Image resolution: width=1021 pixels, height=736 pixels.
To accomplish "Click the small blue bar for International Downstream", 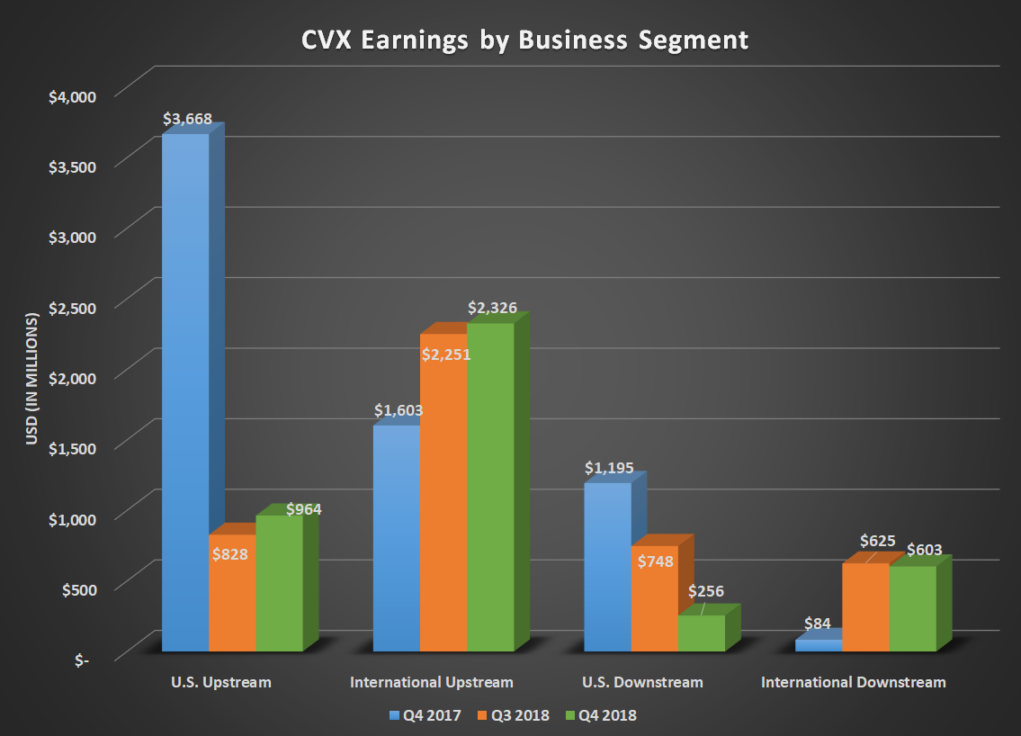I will point(818,645).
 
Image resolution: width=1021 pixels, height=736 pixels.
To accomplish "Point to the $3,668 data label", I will point(186,119).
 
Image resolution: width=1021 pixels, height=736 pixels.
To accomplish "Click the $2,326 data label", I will point(492,308).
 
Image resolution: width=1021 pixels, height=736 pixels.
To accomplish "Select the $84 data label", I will point(817,622).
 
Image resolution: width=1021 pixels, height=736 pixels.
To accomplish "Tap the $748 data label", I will point(653,561).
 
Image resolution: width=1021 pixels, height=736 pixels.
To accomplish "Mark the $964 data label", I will point(303,509).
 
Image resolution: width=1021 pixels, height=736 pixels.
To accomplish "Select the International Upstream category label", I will point(432,682).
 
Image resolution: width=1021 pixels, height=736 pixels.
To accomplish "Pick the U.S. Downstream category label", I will point(644,682).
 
